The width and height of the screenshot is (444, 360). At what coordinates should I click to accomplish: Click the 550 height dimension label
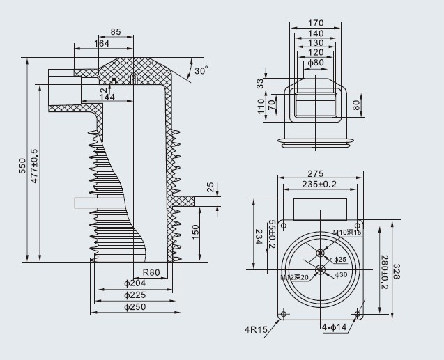pos(22,166)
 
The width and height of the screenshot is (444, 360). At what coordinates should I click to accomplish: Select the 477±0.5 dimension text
pos(35,166)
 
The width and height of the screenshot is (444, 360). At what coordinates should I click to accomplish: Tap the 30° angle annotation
pos(201,71)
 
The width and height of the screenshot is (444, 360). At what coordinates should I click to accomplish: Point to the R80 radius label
pos(152,272)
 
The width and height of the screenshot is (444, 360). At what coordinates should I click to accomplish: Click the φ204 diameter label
pos(135,283)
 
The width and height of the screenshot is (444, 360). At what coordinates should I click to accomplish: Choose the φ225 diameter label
pos(135,295)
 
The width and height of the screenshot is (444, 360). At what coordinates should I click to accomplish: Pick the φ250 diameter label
pos(135,306)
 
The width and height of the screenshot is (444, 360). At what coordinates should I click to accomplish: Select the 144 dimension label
pos(107,97)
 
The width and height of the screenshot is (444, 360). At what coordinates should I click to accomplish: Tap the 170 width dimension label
pos(315,23)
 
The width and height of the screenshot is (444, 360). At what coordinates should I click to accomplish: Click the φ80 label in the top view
pos(315,62)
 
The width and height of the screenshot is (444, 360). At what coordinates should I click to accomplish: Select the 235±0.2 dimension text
pos(319,184)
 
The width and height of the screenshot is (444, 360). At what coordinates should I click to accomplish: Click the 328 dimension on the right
pos(397,272)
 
